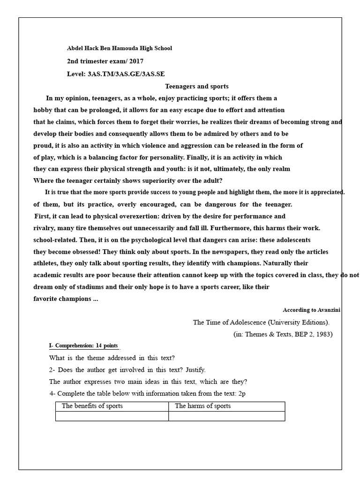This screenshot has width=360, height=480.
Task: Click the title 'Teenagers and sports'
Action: click(x=197, y=86)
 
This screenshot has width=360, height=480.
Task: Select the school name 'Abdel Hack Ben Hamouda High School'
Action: click(x=120, y=48)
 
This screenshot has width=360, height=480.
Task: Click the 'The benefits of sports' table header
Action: click(x=92, y=406)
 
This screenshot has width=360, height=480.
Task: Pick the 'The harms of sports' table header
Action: click(x=202, y=406)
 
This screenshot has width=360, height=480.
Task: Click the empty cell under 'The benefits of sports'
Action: click(x=112, y=416)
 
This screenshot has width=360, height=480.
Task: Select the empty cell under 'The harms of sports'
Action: click(x=226, y=416)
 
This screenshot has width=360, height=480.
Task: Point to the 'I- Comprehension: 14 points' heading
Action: click(x=83, y=346)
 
